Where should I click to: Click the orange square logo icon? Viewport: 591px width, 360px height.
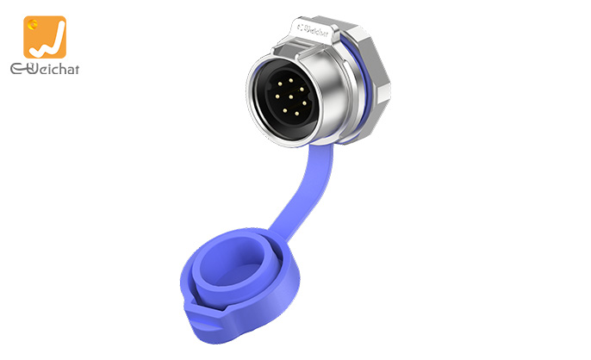(44, 37)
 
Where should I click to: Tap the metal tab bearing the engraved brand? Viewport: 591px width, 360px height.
(317, 30)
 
